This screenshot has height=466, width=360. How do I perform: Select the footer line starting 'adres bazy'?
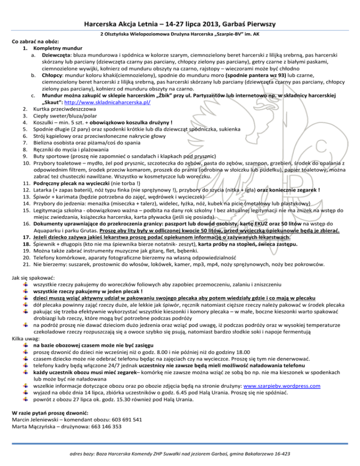click(x=180, y=454)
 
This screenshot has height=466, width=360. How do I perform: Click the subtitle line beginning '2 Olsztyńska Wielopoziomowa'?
click(x=180, y=35)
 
